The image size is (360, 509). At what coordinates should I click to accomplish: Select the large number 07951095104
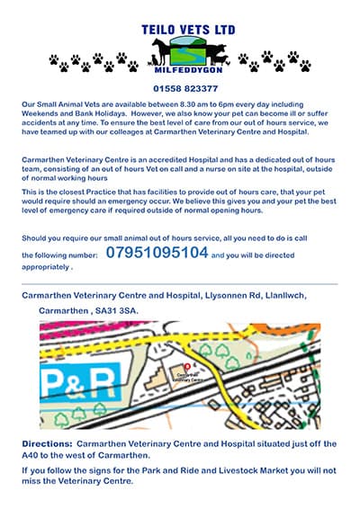pyautogui.click(x=157, y=253)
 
